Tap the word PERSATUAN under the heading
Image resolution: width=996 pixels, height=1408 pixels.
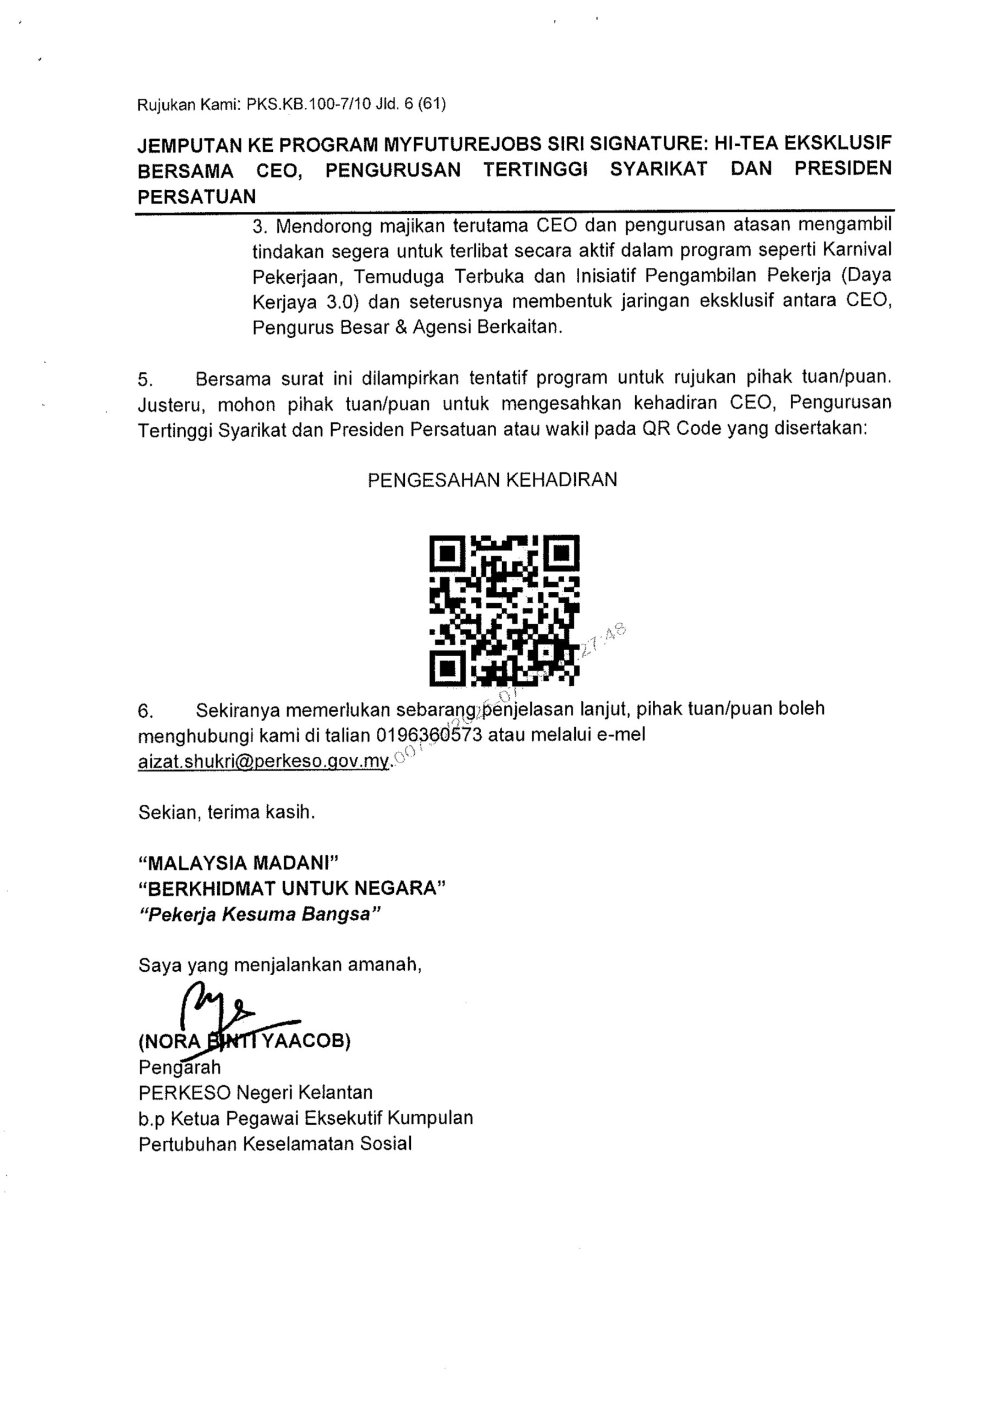coord(197,197)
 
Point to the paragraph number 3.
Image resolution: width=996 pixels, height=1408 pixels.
coord(260,227)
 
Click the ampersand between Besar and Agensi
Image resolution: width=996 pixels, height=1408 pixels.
coord(401,327)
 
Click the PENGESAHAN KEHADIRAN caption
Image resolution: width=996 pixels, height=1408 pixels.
coord(492,480)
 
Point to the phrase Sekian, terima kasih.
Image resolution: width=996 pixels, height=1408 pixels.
coord(226,812)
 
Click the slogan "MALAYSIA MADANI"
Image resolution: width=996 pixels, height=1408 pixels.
coord(239,863)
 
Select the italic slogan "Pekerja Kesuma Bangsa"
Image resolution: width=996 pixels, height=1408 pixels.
coord(261,914)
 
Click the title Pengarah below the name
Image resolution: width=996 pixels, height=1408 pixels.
coord(179,1068)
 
